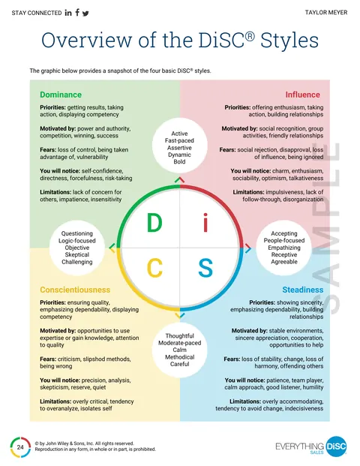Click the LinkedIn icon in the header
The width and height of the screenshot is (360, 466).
[68, 13]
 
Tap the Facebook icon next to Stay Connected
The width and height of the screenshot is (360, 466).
[77, 12]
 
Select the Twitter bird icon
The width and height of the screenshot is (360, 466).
[85, 14]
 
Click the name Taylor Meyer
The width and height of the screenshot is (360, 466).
[326, 13]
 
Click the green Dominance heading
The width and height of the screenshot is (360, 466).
[61, 95]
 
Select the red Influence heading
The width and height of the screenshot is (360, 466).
[303, 95]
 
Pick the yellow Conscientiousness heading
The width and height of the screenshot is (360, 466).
[75, 290]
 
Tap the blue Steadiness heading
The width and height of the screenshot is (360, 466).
[303, 290]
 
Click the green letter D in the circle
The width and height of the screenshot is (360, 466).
[154, 222]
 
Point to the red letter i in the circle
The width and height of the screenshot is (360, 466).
[205, 224]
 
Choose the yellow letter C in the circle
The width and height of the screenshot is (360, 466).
[154, 268]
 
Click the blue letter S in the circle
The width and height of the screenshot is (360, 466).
[205, 268]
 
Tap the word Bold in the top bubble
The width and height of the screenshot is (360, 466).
[179, 161]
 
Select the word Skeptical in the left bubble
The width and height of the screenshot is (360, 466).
[77, 254]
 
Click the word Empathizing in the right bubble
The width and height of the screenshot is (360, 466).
[284, 248]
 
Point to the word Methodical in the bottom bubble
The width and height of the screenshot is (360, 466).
[180, 357]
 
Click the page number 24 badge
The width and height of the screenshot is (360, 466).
[20, 447]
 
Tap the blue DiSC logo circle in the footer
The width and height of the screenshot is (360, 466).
[336, 446]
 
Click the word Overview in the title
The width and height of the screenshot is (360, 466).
[87, 40]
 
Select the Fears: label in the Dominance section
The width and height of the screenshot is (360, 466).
[48, 150]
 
